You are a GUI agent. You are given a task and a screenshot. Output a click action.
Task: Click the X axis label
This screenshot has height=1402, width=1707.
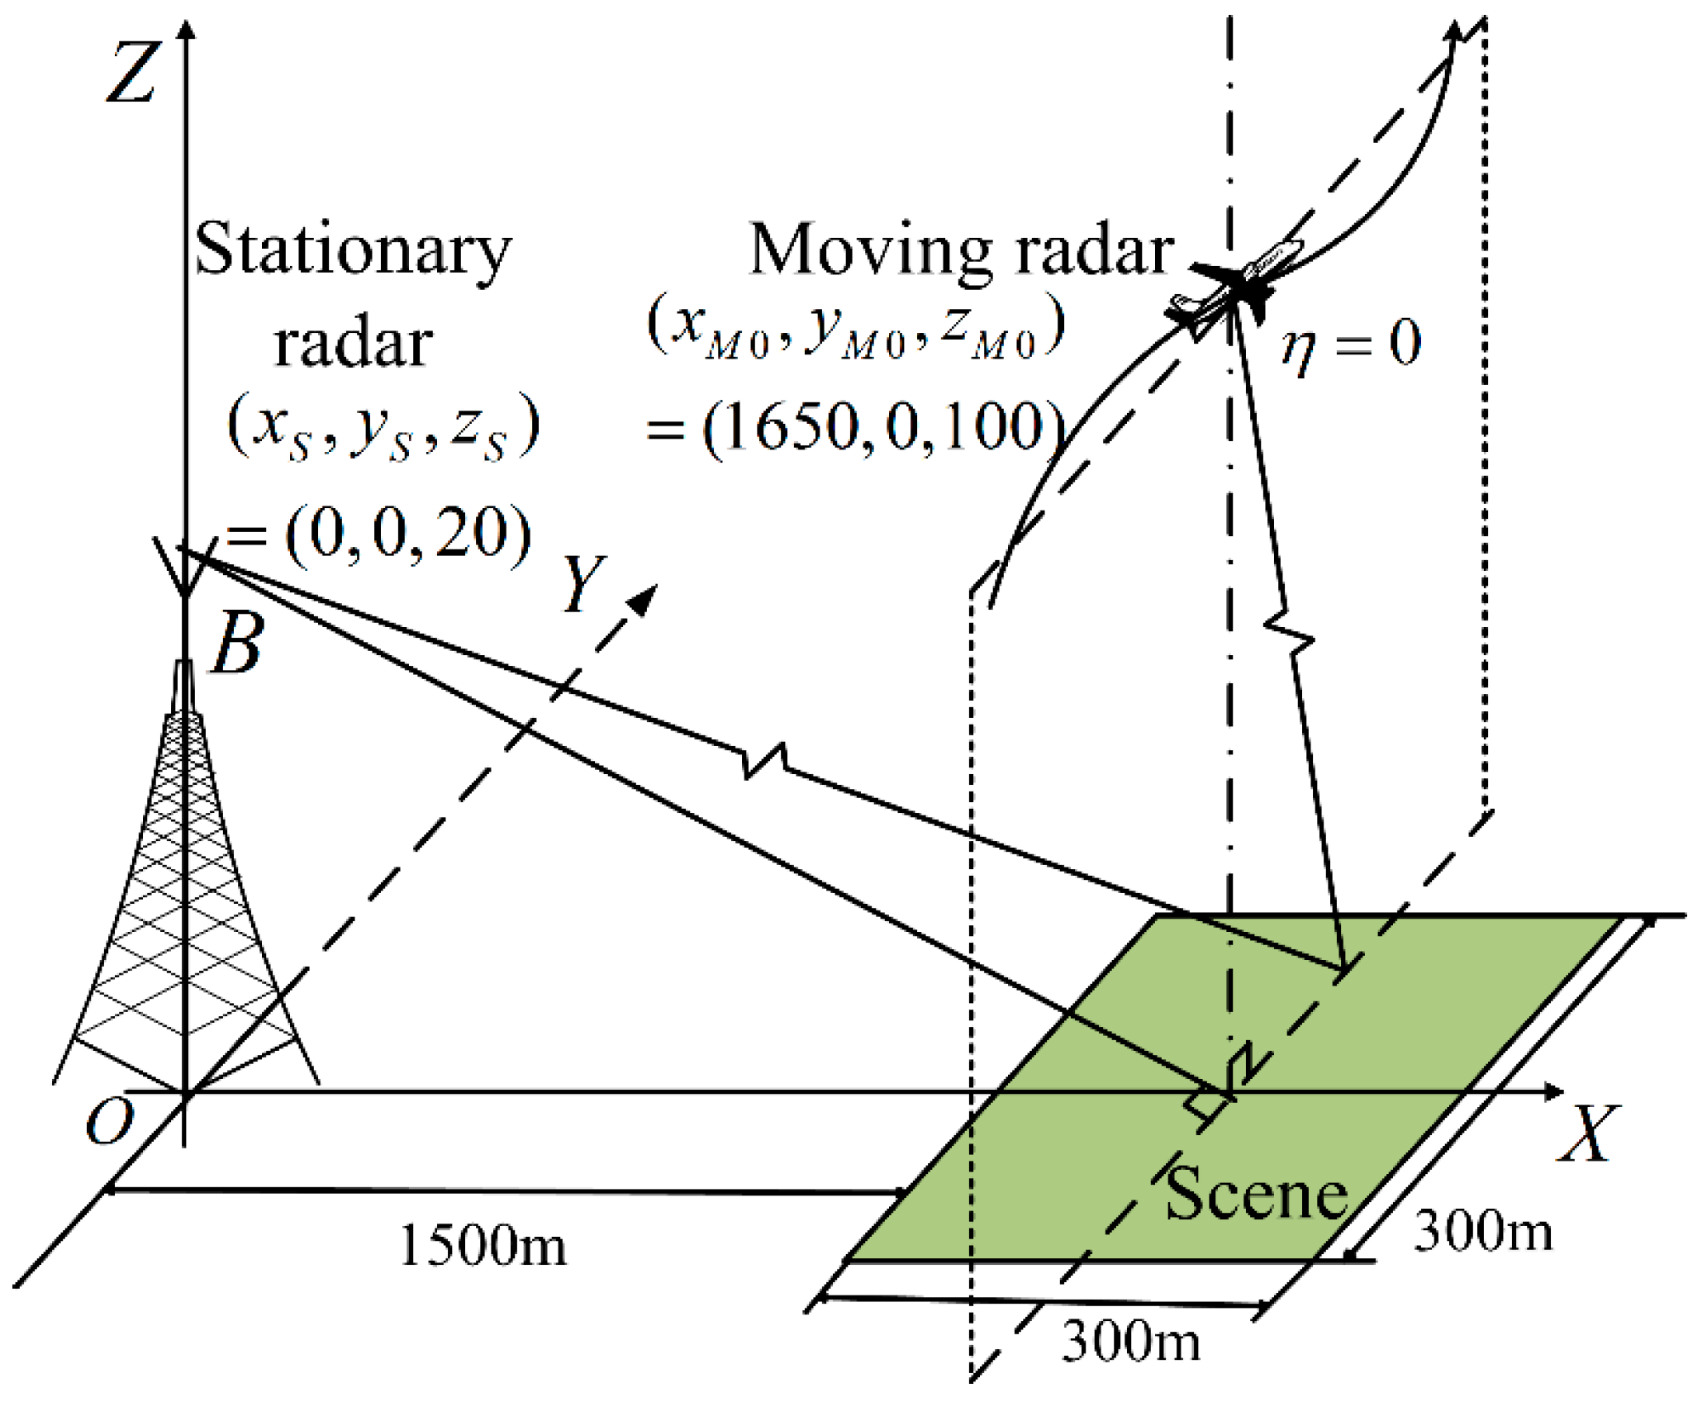1585,1133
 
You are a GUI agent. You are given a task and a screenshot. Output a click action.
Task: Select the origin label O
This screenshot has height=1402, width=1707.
110,1122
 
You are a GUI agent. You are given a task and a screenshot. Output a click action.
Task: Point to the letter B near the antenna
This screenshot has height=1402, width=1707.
238,644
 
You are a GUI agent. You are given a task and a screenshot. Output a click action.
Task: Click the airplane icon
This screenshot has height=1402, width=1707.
1231,285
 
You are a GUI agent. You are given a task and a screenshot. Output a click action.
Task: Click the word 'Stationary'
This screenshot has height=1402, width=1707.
353,250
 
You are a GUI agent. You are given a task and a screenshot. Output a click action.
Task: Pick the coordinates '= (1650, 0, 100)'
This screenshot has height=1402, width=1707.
855,428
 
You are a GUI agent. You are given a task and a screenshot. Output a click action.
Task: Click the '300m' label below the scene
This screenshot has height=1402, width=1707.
1130,1340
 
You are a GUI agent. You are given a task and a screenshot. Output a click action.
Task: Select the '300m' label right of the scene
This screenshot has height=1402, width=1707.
1484,1231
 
